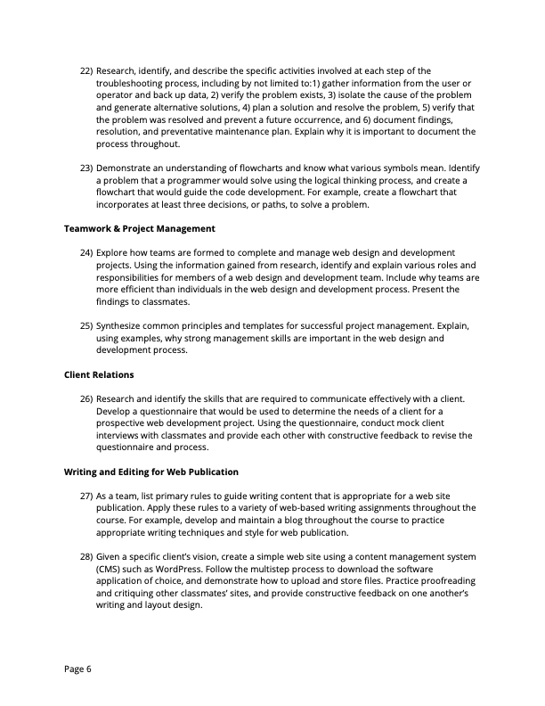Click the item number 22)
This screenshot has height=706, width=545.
click(x=86, y=70)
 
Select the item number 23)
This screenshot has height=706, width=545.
click(x=86, y=167)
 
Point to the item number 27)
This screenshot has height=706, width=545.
click(x=86, y=495)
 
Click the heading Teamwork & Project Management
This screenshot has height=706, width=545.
click(x=140, y=229)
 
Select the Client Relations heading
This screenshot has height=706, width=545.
click(x=99, y=374)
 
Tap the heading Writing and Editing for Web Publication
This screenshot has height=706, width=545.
click(x=151, y=471)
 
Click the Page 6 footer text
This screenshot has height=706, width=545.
click(x=78, y=668)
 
